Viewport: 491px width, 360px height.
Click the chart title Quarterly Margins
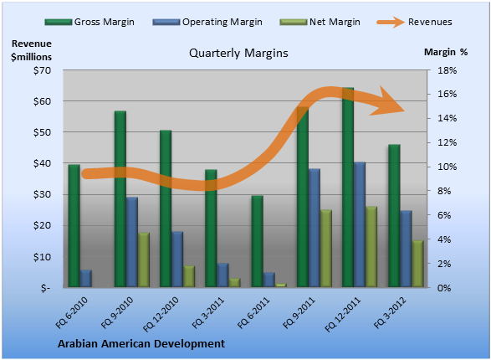238,54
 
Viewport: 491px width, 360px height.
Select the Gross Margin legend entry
90,22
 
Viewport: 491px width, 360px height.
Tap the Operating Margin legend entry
207,22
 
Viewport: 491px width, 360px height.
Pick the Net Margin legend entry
320,22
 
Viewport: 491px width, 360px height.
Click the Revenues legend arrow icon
391,22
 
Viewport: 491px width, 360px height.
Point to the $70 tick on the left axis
43,70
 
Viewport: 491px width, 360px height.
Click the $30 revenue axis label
43,194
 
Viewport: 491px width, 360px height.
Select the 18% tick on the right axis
447,70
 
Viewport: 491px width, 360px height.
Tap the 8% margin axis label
444,191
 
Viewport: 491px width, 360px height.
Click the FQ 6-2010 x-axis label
72,312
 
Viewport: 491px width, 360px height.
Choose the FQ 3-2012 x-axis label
390,312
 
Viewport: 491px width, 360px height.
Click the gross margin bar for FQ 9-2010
120,199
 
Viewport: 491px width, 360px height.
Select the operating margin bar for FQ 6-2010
85,279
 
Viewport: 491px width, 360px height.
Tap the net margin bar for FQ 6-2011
281,285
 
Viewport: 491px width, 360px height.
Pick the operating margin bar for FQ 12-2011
360,224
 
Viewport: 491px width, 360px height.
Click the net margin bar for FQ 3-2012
417,264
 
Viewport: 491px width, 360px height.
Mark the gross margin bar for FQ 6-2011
258,242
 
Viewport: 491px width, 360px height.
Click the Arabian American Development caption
141,344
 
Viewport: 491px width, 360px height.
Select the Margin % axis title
446,52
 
